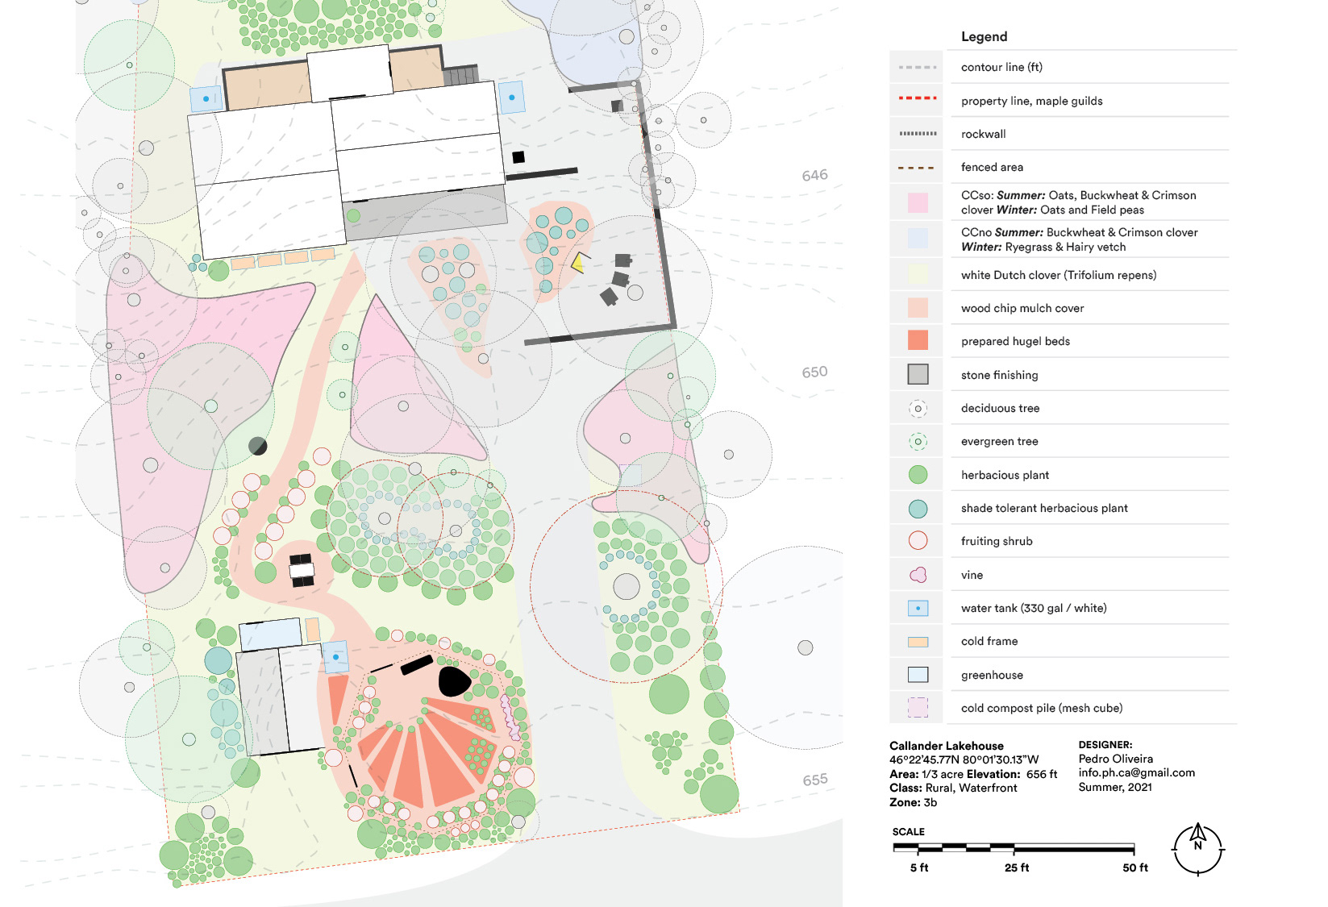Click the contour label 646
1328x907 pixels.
coord(814,175)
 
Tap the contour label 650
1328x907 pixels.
coord(814,372)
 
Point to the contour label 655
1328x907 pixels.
coord(815,780)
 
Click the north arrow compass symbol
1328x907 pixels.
coord(1198,849)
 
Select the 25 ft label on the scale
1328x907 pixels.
coord(1017,867)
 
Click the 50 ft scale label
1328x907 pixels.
coord(1135,867)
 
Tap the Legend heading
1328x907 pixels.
coord(985,37)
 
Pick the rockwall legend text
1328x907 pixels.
coord(984,134)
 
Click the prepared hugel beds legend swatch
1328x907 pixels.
coord(918,341)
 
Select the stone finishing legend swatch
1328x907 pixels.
coord(918,374)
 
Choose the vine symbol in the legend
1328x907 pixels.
coord(918,574)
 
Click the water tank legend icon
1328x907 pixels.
coord(918,608)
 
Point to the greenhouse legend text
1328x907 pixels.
coord(992,675)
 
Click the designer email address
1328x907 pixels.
coord(1137,772)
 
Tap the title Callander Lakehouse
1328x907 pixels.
coord(946,746)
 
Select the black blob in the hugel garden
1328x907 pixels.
coord(454,681)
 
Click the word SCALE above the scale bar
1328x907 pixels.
coord(908,832)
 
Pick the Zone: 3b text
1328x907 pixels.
coord(913,803)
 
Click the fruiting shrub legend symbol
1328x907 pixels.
coord(918,541)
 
